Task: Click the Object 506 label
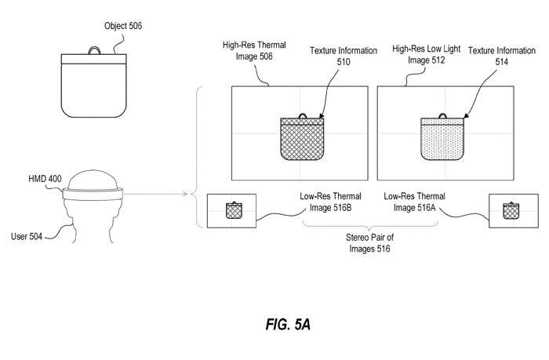point(123,26)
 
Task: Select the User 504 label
point(31,234)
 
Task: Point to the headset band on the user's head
point(94,191)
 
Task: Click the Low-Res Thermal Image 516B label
point(333,202)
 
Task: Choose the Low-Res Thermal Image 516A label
point(416,202)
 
